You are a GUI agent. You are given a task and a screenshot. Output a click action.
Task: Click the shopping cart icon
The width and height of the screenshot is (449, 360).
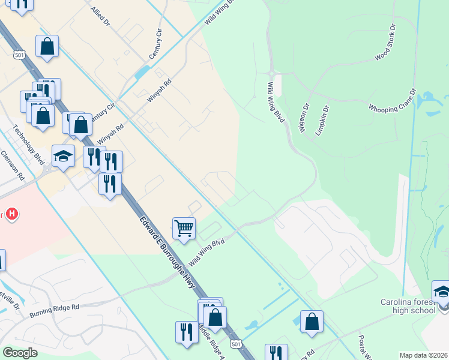[x=184, y=228]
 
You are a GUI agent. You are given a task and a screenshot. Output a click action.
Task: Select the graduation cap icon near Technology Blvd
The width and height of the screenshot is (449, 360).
[x=63, y=156]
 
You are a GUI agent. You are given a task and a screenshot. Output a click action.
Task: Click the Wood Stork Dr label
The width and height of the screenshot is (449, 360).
[x=386, y=43]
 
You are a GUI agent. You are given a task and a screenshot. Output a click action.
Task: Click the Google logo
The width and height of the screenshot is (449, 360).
[x=20, y=353]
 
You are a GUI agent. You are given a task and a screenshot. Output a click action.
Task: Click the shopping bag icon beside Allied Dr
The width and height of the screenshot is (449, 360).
[x=47, y=46]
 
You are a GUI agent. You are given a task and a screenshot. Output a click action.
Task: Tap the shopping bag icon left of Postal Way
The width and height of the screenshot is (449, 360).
[x=312, y=321]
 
